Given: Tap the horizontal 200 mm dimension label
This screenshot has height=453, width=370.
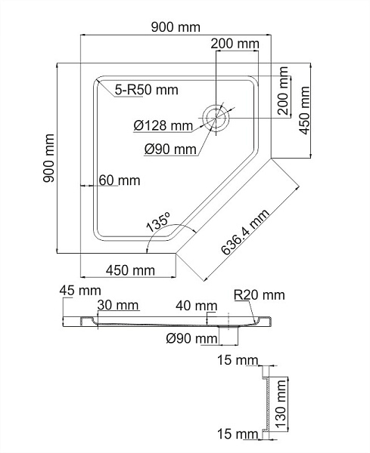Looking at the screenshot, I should [x=235, y=44].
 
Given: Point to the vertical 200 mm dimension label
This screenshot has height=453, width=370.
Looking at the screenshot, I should [x=284, y=92].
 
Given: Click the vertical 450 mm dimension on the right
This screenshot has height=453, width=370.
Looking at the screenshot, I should [x=305, y=109].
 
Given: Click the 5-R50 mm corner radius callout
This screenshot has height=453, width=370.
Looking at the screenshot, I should [x=147, y=91].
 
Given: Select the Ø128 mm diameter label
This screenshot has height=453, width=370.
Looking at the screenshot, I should [x=163, y=125].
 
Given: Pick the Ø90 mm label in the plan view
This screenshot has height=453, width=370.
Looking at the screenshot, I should [x=171, y=149].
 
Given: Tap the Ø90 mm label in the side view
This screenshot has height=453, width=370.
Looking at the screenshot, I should [x=191, y=338].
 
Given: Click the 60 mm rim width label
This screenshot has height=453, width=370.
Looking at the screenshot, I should [x=119, y=180].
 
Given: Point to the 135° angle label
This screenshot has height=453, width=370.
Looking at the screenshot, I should [x=158, y=223].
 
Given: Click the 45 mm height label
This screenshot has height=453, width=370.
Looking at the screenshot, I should [x=79, y=291].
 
